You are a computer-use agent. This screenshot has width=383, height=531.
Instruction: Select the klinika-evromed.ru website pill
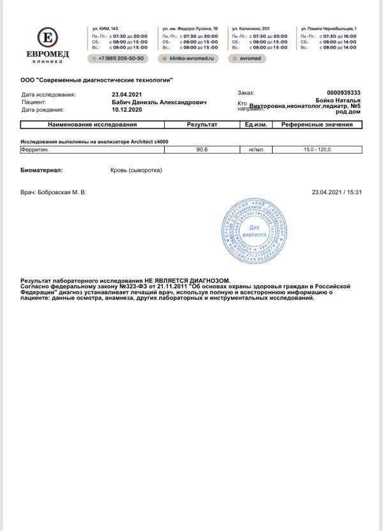pyautogui.click(x=189, y=58)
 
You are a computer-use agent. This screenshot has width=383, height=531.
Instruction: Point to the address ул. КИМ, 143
pyautogui.click(x=105, y=29)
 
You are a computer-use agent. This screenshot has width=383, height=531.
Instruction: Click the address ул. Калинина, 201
pyautogui.click(x=251, y=29)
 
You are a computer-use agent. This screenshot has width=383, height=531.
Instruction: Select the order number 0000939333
pyautogui.click(x=343, y=93)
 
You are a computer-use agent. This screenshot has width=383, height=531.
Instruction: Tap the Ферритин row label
pyautogui.click(x=35, y=149)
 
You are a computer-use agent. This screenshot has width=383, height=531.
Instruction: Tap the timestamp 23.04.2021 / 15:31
pyautogui.click(x=336, y=192)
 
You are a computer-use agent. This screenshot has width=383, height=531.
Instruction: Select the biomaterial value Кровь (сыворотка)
pyautogui.click(x=136, y=171)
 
